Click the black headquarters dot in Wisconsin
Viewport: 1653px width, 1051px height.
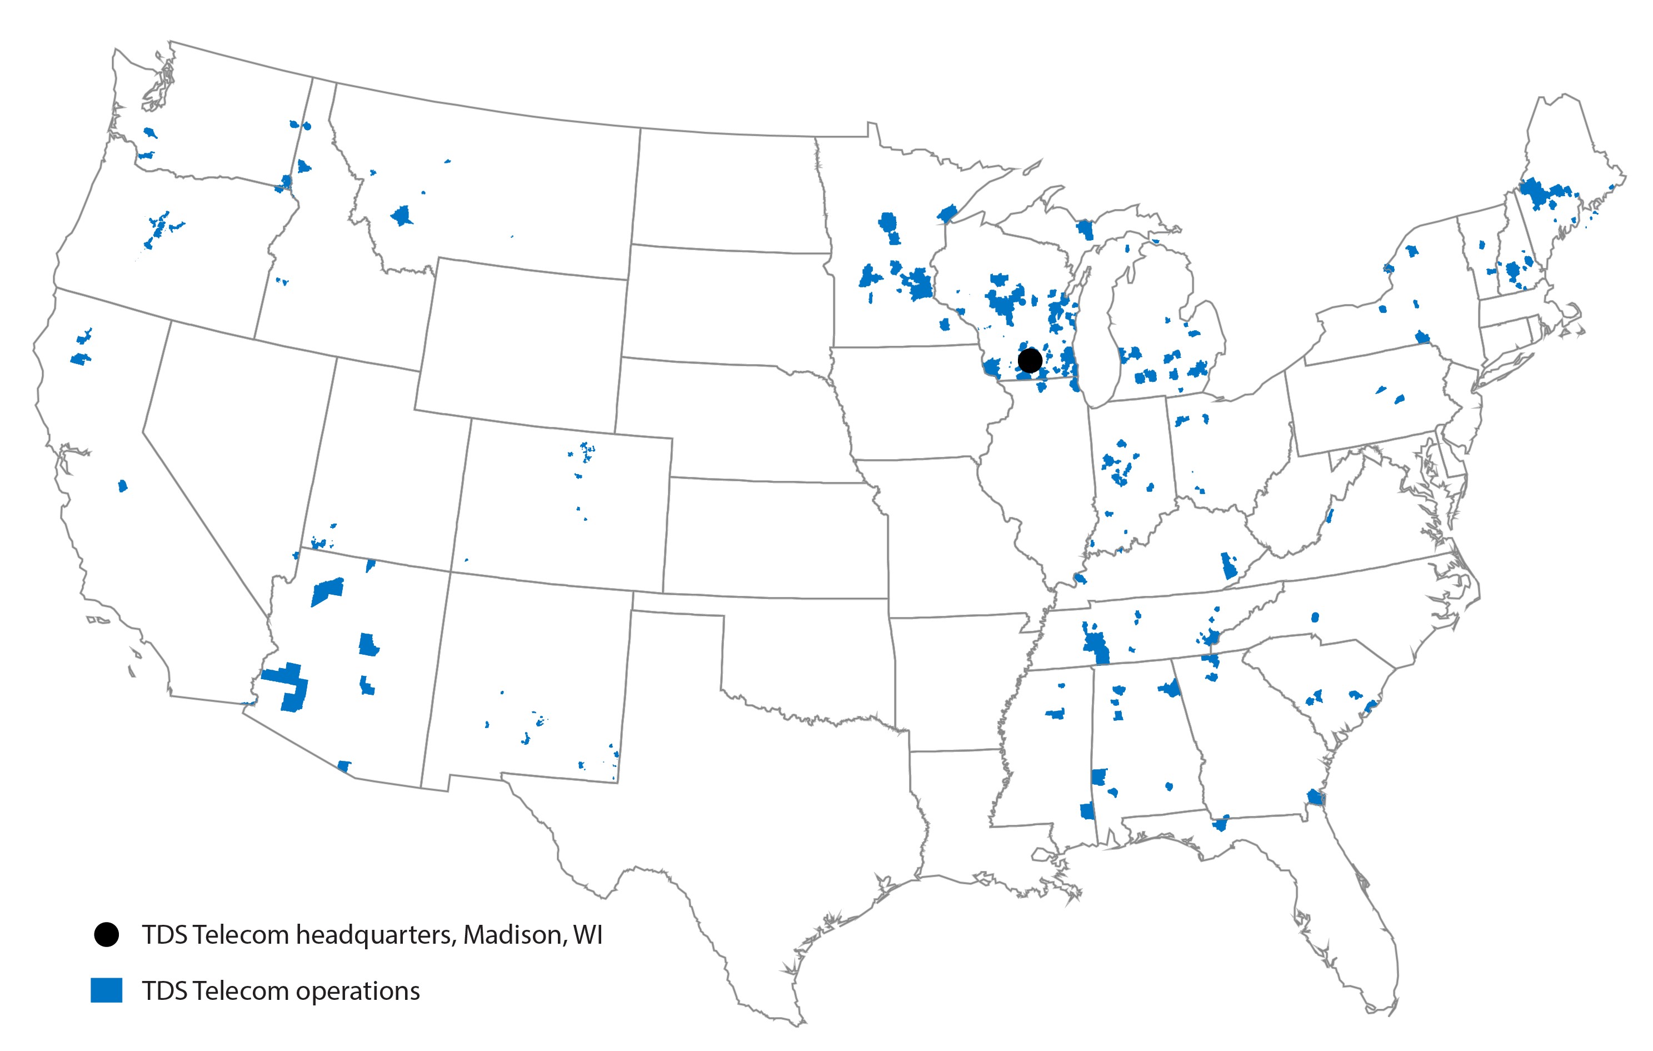point(1030,360)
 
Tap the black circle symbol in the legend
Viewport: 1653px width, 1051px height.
point(106,934)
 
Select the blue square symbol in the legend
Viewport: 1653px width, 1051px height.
point(106,990)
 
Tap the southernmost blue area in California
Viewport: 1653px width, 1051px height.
point(123,486)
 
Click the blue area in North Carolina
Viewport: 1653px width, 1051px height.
point(1315,617)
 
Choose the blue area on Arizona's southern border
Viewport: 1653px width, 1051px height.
point(344,766)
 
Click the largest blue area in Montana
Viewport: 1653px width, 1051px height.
point(402,216)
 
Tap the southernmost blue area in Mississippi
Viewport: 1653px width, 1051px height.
point(1087,811)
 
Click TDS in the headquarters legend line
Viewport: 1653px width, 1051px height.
point(163,934)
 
